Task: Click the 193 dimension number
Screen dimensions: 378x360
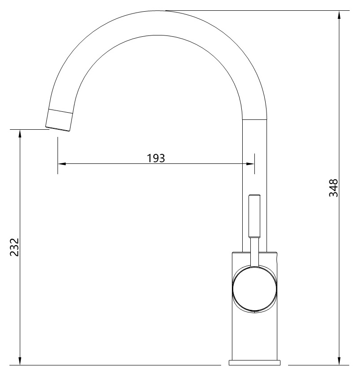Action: (x=156, y=158)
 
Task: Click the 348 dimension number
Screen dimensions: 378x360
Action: (x=333, y=188)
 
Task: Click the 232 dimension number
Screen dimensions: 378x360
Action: (x=14, y=247)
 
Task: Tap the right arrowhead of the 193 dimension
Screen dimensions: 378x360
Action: (x=250, y=164)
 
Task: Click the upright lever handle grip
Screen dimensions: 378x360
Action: (x=254, y=216)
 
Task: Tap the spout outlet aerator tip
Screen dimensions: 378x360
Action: (x=59, y=120)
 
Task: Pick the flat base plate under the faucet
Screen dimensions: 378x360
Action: (x=254, y=362)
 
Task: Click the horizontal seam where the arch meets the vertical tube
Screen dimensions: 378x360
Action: (x=255, y=120)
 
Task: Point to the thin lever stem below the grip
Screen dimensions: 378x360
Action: (x=254, y=251)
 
